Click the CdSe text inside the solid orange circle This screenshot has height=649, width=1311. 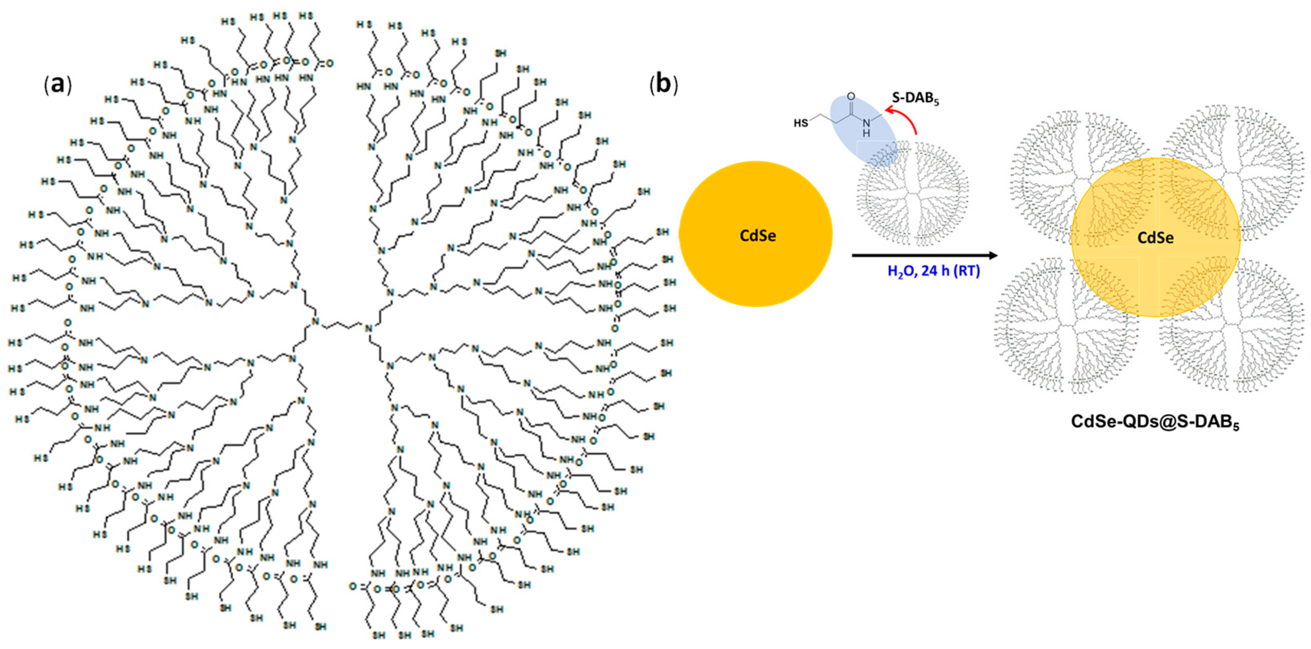click(x=757, y=236)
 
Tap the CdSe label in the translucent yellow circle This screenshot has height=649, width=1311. click(x=1155, y=238)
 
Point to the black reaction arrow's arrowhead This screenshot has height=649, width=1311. click(x=993, y=255)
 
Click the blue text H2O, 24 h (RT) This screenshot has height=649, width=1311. click(x=933, y=271)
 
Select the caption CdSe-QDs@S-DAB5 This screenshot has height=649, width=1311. click(x=1155, y=422)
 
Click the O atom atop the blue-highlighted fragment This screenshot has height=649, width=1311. click(x=850, y=96)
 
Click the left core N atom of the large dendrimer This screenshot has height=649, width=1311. click(x=315, y=322)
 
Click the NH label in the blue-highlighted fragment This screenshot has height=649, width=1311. click(x=866, y=127)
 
